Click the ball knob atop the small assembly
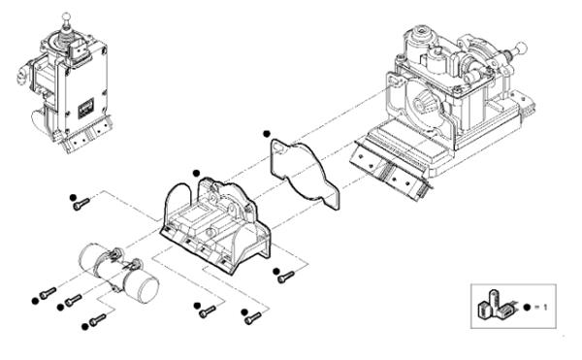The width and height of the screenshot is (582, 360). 66,16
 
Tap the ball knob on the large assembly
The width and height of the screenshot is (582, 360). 521,48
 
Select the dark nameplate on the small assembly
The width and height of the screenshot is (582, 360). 85,109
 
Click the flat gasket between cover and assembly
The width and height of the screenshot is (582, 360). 304,174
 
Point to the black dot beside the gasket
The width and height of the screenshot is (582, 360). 266,134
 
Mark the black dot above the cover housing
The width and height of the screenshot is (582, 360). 196,173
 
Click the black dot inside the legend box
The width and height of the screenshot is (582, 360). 527,307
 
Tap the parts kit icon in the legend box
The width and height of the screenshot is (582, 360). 496,305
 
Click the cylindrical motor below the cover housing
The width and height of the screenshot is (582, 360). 119,271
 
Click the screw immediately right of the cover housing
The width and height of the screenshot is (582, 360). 286,277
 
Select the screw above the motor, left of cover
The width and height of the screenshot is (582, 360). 81,204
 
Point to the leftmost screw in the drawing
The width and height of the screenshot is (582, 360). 48,293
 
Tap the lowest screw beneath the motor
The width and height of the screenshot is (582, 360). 98,320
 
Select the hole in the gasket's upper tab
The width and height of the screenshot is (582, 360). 278,148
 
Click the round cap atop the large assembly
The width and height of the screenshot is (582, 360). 420,31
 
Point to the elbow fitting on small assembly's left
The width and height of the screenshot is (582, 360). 22,74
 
